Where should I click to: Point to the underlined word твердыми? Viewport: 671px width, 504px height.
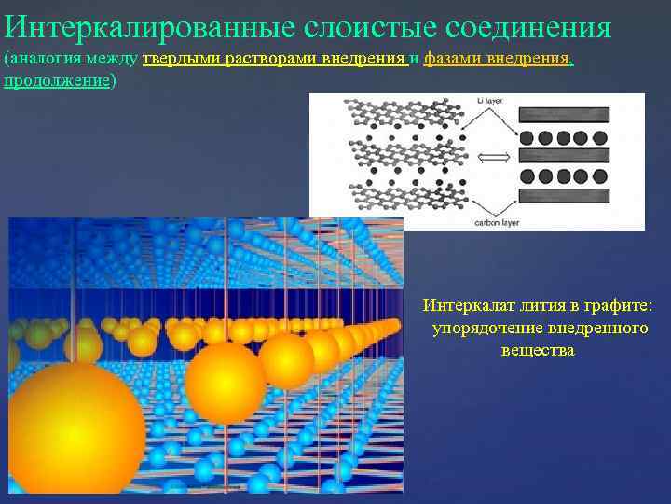[x=176, y=59]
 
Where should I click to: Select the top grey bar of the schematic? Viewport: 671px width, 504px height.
[x=562, y=116]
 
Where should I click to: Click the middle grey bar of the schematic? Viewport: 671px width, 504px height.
[x=562, y=156]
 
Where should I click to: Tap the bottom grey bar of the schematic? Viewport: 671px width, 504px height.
[x=562, y=195]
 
